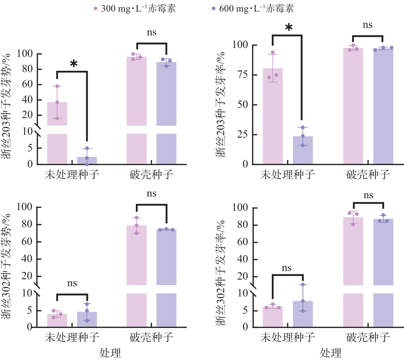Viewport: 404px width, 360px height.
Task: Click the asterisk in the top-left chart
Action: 74,64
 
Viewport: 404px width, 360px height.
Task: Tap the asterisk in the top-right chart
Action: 289,27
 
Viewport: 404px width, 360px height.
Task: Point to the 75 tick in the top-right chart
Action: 245,75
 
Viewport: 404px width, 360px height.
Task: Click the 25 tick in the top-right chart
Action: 245,135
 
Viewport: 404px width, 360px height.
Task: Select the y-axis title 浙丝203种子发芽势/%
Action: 7,106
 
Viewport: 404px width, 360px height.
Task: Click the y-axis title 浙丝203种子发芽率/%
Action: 221,104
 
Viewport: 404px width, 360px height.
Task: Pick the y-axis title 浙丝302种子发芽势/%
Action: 7,266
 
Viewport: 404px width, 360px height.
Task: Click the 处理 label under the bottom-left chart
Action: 110,353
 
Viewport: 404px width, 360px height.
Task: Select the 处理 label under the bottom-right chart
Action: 330,353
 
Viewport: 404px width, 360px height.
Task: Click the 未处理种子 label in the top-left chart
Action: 72,174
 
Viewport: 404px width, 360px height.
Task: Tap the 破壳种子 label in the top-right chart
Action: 368,174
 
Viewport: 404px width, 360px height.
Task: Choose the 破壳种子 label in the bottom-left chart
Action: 151,337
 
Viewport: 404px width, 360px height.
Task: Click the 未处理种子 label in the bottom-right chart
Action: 287,337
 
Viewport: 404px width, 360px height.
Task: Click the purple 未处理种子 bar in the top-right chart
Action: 303,151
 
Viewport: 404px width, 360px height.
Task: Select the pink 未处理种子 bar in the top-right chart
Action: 273,116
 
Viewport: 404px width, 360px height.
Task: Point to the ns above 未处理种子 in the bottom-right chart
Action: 287,268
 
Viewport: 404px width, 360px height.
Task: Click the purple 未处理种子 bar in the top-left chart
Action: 87,160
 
